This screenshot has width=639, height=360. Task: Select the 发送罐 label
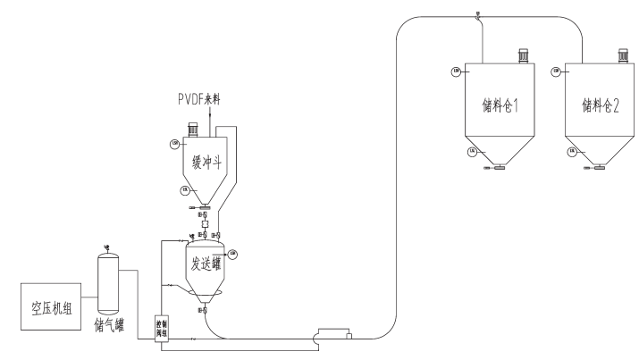206,264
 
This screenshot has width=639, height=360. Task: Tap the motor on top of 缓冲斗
192,130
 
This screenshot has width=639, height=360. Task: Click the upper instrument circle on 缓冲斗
174,143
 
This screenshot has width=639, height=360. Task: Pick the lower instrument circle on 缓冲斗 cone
184,189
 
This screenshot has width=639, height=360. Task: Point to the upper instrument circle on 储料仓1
458,71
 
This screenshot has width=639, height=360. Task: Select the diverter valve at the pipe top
480,14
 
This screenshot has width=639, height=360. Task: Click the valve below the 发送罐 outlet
205,310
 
